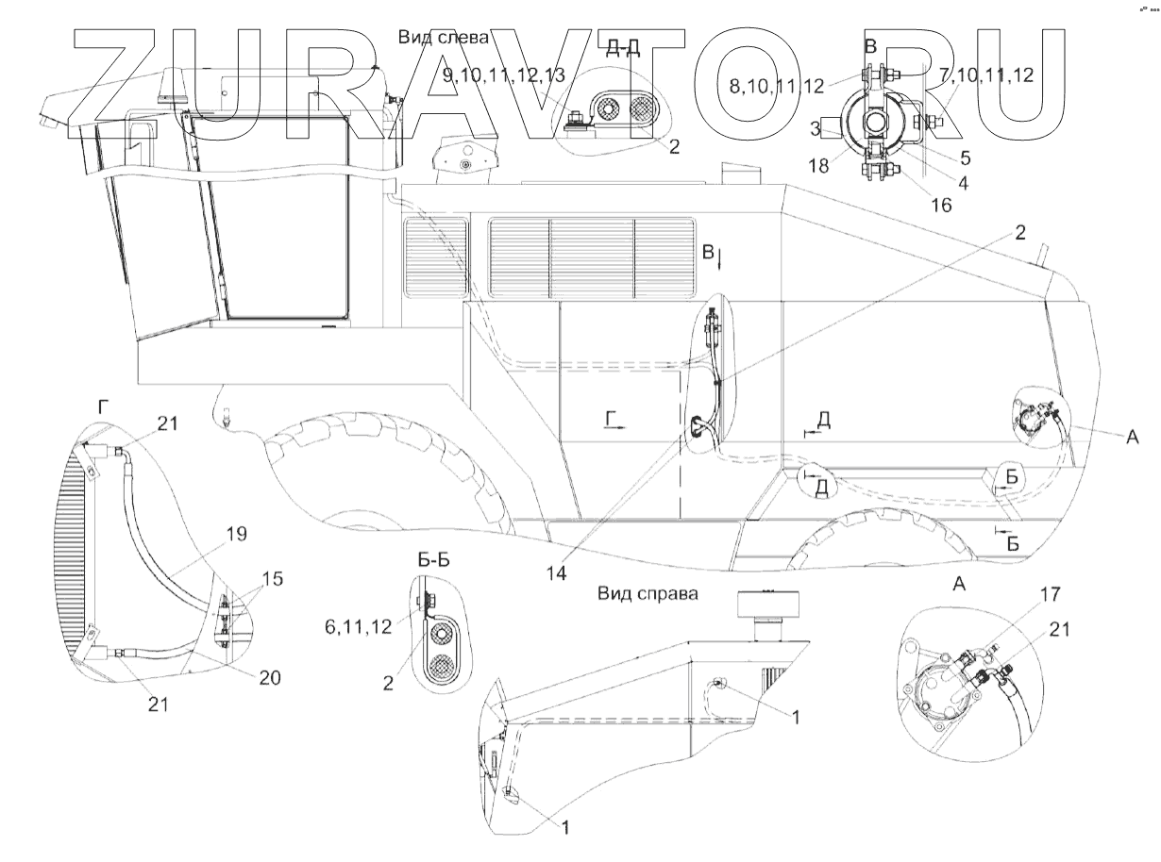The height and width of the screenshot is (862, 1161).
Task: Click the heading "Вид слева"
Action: point(445,39)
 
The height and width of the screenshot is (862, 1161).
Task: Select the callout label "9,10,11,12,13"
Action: point(505,75)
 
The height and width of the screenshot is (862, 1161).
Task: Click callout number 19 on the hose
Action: point(237,534)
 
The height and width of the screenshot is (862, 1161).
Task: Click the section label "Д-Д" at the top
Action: point(623,50)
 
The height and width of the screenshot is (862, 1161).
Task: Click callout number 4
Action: point(963,185)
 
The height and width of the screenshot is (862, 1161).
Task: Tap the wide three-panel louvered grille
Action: point(592,257)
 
